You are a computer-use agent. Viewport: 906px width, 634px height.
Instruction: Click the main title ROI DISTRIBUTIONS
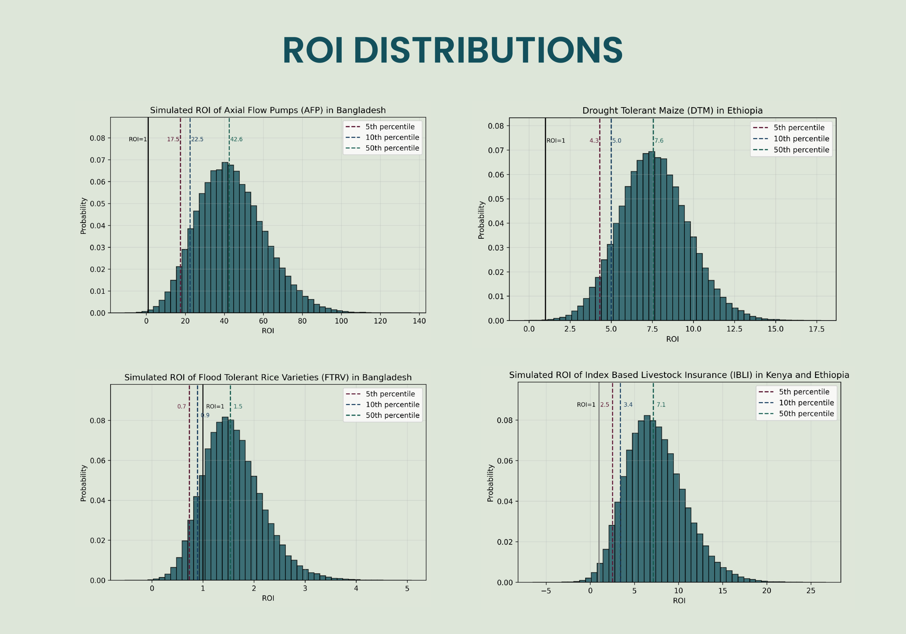tap(452, 51)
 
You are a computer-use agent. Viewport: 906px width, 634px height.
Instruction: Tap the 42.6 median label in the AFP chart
tap(236, 139)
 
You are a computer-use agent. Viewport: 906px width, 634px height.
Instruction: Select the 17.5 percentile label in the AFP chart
tap(173, 139)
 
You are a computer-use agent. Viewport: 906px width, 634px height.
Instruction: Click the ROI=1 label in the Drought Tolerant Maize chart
tap(556, 141)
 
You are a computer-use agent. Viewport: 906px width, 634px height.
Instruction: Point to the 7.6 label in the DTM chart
tap(659, 141)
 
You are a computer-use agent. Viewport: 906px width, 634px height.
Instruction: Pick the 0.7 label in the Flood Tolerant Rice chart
tap(182, 407)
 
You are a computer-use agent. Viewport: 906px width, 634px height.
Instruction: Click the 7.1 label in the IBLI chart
tap(661, 405)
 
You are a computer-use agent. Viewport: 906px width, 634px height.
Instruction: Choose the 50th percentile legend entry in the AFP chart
tap(392, 148)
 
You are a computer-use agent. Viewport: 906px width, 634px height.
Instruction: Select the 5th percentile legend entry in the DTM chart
tap(799, 128)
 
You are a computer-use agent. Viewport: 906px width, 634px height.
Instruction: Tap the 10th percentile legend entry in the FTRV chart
tap(392, 405)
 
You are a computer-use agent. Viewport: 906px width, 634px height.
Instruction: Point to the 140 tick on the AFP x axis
tap(419, 321)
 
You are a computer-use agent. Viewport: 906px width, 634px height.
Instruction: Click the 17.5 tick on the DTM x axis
tap(817, 329)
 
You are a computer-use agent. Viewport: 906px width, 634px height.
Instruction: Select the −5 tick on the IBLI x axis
tap(546, 591)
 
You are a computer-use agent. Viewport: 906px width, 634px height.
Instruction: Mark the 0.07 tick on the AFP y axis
tap(97, 160)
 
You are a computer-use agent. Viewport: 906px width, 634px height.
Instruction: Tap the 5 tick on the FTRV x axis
tap(407, 589)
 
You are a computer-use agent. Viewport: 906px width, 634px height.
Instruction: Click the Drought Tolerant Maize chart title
tap(672, 111)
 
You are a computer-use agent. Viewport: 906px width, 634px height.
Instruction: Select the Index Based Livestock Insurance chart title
tap(679, 375)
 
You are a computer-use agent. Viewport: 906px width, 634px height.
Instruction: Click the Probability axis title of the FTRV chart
tap(83, 483)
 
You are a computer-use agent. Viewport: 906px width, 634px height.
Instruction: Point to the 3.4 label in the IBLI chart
tap(628, 405)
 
